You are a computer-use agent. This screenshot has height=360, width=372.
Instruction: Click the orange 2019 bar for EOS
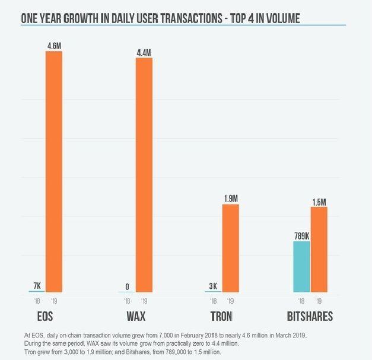click(x=54, y=171)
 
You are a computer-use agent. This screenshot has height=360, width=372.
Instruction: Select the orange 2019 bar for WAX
click(x=144, y=175)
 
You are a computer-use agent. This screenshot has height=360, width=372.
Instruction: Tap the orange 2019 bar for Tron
click(x=231, y=248)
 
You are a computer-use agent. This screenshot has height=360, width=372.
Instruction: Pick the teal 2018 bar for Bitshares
click(x=301, y=266)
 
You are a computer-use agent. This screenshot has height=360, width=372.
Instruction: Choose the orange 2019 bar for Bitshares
click(x=319, y=250)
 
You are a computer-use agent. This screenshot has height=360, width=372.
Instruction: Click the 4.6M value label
click(x=54, y=46)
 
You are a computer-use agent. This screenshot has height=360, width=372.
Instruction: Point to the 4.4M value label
click(x=144, y=53)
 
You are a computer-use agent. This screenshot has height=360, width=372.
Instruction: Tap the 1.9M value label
click(x=231, y=199)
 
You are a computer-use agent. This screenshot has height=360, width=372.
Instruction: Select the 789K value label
click(x=302, y=236)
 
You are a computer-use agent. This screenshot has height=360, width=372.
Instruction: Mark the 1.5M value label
click(x=319, y=202)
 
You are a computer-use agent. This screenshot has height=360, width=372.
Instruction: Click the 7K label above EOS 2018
click(x=37, y=286)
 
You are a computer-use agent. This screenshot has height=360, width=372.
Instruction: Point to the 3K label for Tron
click(x=213, y=286)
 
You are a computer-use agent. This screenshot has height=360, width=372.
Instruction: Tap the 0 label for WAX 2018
click(x=127, y=286)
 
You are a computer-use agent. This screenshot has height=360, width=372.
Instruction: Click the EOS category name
click(x=45, y=316)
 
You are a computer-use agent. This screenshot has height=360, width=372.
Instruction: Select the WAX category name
click(x=136, y=316)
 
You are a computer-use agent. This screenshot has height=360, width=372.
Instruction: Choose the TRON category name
click(x=221, y=316)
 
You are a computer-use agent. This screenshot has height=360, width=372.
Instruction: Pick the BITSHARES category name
click(x=310, y=316)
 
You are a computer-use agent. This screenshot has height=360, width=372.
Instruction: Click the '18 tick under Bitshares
click(x=301, y=301)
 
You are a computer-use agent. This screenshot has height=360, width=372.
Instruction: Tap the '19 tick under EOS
click(x=54, y=301)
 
